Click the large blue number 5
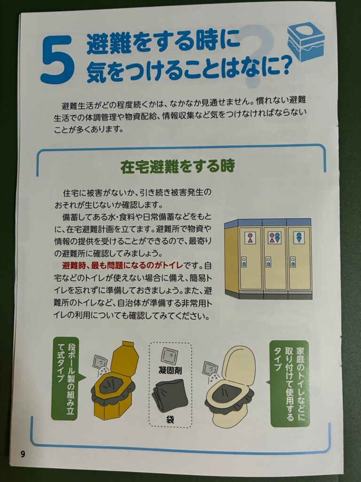click(57, 59)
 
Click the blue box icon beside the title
click(306, 41)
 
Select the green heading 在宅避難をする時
click(177, 166)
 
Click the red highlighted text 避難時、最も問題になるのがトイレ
click(123, 265)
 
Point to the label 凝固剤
click(170, 370)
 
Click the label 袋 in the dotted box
click(170, 419)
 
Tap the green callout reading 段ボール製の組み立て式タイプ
click(65, 378)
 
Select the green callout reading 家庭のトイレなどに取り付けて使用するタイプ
click(290, 383)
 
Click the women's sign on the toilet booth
click(250, 238)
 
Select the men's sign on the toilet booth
click(298, 238)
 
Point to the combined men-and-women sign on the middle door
click(275, 238)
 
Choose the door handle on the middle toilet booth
click(268, 262)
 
